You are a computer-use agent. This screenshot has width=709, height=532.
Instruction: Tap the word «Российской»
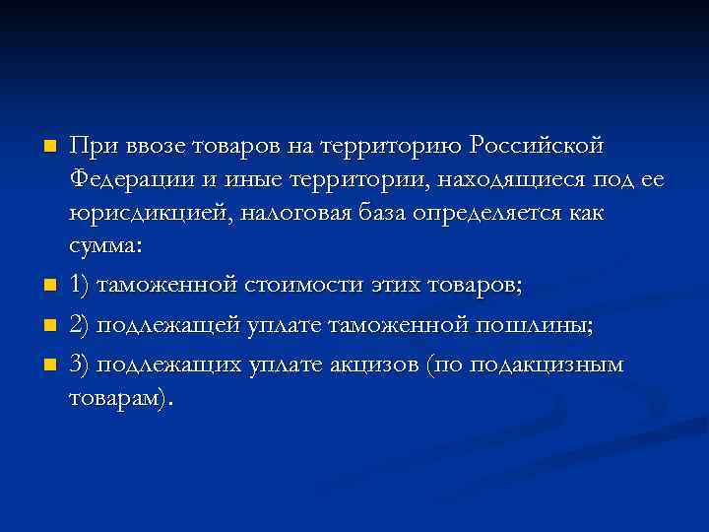(x=537, y=146)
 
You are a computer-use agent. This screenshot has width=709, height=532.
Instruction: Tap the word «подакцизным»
(x=547, y=364)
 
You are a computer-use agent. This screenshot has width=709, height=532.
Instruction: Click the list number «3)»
(x=84, y=364)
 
